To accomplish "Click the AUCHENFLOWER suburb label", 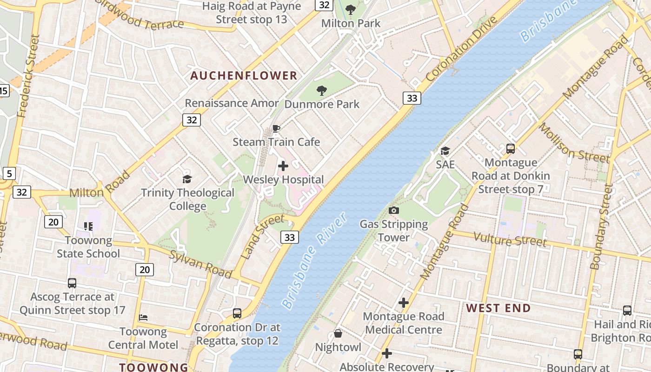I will click(x=244, y=75).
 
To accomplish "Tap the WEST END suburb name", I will click(x=498, y=308).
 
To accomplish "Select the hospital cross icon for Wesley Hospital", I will click(x=283, y=166).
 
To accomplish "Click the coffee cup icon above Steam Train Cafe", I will click(x=276, y=128).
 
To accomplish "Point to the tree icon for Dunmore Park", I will click(x=321, y=90).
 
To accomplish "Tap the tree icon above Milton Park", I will click(x=351, y=9).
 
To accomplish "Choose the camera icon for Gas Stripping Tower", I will click(x=394, y=211).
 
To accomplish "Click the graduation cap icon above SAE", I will click(x=445, y=151).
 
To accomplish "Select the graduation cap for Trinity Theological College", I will click(x=187, y=179).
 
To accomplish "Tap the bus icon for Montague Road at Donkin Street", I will click(x=511, y=149).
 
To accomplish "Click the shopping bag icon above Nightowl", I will click(x=338, y=334).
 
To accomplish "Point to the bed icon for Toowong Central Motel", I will click(x=143, y=318).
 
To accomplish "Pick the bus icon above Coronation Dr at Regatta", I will click(x=237, y=313).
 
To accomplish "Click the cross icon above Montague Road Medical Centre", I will click(x=403, y=303).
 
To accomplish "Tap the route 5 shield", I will click(x=9, y=174).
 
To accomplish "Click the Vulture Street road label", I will click(x=510, y=240).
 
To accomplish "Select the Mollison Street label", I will click(x=574, y=143).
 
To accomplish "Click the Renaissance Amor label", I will click(x=232, y=103).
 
